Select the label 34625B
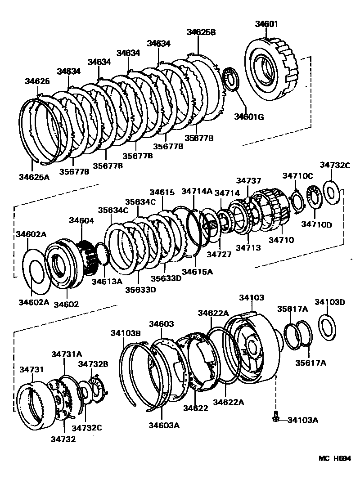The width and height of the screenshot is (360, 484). click(201, 32)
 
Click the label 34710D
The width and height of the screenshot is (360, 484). click(316, 224)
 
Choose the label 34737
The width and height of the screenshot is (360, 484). click(248, 180)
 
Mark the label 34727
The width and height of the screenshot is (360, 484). click(219, 255)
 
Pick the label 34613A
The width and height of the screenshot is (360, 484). click(107, 282)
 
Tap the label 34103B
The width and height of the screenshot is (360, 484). click(126, 333)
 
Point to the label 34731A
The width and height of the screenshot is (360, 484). click(66, 354)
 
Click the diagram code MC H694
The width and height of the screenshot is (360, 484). click(334, 458)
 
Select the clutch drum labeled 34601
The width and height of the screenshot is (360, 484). click(269, 67)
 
